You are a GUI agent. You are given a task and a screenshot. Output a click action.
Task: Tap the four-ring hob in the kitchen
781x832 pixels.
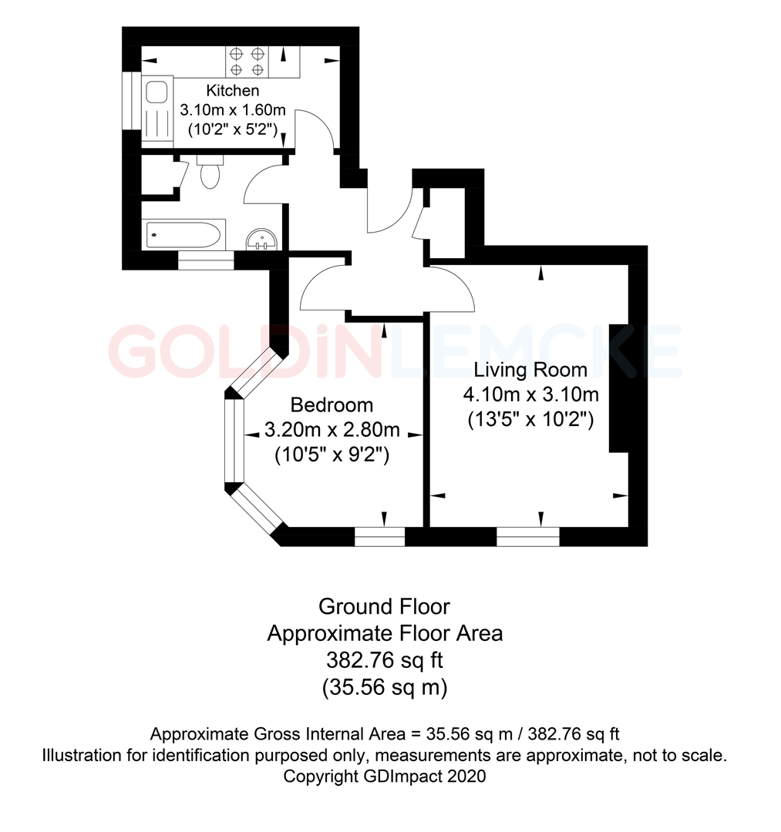click(247, 62)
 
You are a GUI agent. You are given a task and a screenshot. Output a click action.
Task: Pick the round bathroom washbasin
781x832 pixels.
click(263, 241)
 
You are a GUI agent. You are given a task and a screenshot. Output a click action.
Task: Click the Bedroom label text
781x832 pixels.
click(332, 404)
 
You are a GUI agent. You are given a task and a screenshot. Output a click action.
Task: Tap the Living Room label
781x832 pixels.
click(530, 370)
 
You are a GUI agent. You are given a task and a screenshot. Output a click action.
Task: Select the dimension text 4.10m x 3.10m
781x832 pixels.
click(530, 395)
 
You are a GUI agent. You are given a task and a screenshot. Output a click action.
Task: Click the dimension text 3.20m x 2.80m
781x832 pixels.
click(332, 429)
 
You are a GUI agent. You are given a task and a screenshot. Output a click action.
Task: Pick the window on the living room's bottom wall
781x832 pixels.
click(527, 536)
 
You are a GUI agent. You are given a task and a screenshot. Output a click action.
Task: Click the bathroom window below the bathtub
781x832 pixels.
click(206, 263)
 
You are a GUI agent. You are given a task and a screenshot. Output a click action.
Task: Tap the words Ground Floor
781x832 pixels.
click(384, 606)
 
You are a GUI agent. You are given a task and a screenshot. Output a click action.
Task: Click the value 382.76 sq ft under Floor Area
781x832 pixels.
click(384, 660)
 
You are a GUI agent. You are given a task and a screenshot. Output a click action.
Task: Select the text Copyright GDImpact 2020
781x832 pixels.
click(385, 777)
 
